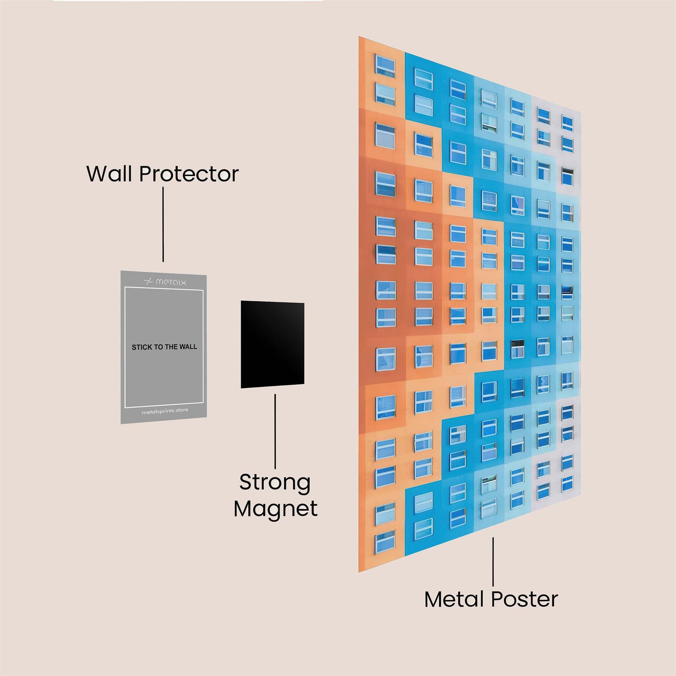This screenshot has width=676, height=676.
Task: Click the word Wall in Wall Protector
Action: tap(110, 174)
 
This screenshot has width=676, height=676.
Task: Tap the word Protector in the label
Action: tap(189, 174)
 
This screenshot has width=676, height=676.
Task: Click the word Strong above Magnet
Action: tap(275, 483)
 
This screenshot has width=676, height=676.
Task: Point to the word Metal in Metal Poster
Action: tap(456, 599)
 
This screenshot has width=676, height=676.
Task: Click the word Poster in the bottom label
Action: tap(525, 599)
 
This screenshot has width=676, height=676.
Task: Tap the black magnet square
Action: tap(272, 344)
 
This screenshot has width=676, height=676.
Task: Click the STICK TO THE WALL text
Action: tap(164, 347)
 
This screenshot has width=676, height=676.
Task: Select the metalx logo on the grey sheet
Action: tap(165, 281)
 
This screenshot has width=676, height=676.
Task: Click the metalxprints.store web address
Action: tap(165, 411)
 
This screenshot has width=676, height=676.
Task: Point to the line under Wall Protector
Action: tap(163, 224)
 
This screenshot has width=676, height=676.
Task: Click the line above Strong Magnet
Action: tap(275, 431)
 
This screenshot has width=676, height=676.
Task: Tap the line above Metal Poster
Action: tap(493, 561)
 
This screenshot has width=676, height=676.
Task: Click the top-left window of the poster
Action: tap(385, 66)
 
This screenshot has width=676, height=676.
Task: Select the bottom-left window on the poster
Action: tap(385, 541)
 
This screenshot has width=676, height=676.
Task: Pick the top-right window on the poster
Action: tap(567, 123)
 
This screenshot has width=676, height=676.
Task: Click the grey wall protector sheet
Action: tap(164, 376)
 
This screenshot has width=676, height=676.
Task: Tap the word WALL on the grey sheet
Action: tap(188, 347)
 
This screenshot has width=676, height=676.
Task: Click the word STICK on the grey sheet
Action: tap(142, 347)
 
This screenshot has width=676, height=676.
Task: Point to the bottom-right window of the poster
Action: tap(567, 483)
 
